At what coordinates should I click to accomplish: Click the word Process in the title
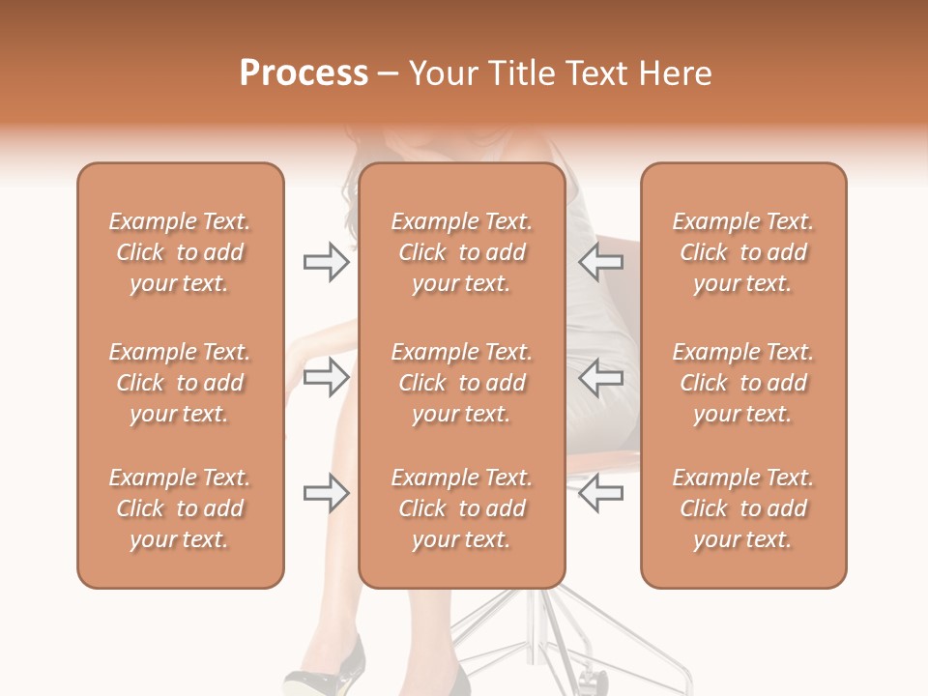click(304, 73)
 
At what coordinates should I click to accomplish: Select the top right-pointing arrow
click(326, 262)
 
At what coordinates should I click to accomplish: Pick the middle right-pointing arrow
click(326, 377)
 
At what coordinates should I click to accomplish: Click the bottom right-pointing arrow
click(326, 493)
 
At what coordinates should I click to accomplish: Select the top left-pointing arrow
click(601, 262)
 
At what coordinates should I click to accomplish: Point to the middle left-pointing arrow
click(601, 377)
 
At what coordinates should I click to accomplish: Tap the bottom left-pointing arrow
click(601, 493)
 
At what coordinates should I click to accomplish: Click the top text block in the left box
click(180, 252)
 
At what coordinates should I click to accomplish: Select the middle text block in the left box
click(180, 383)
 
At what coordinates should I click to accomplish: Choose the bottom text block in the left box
click(180, 508)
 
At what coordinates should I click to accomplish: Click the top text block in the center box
click(462, 252)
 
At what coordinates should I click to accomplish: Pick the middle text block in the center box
click(462, 383)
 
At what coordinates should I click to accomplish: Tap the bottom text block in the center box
click(462, 508)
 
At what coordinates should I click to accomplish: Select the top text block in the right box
click(743, 252)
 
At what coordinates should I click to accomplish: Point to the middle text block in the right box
click(743, 383)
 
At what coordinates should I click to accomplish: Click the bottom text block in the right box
click(743, 508)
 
